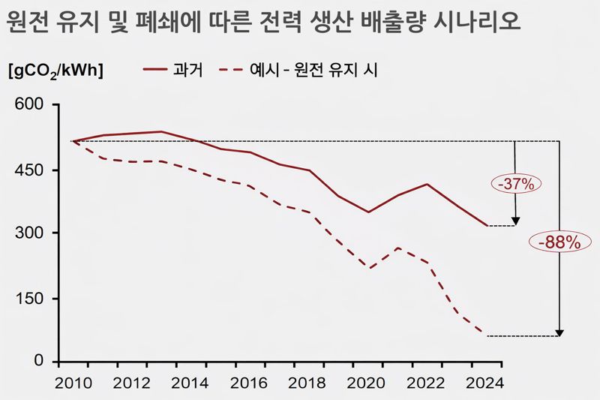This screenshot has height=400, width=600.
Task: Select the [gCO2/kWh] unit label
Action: click(55, 72)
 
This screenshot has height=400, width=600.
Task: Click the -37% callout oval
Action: click(515, 183)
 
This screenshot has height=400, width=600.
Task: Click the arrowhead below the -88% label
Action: click(559, 333)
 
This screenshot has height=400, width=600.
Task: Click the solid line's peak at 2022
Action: click(427, 184)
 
